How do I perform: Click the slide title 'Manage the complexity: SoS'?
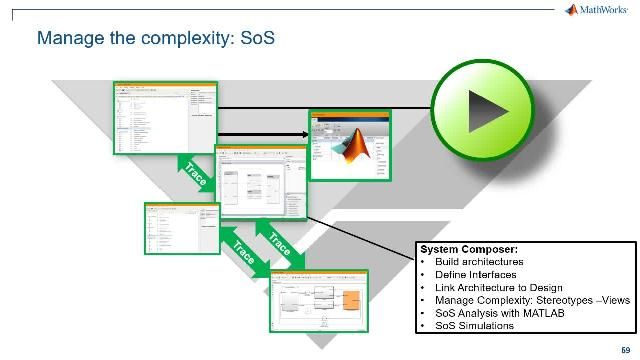155,39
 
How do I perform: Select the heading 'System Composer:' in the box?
459,249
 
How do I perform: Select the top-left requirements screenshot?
165,119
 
